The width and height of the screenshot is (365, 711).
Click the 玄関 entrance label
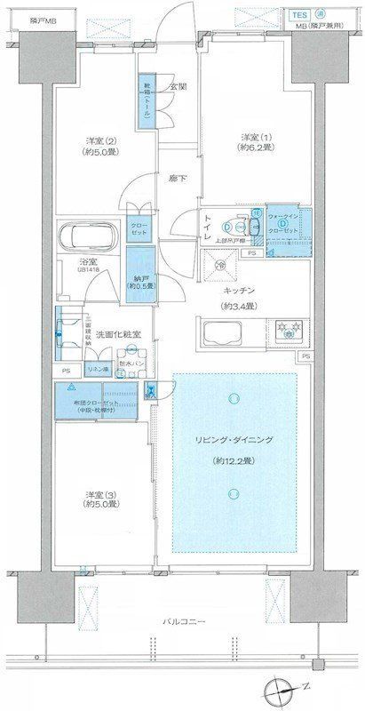(x=177, y=87)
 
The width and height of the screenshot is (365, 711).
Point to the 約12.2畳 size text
(x=235, y=460)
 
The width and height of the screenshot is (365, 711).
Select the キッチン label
(x=240, y=290)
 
